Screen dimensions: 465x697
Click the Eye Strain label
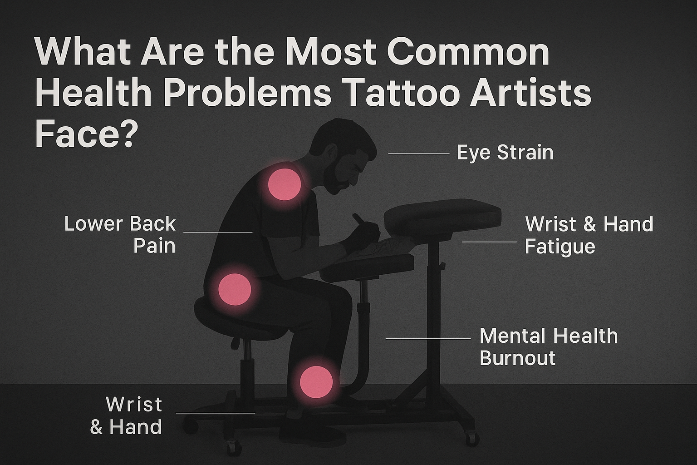point(505,153)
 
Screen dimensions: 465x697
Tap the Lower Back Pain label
point(120,234)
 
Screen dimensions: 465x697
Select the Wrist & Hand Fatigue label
point(589,235)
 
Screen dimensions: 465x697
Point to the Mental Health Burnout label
point(548,347)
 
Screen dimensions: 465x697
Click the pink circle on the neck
point(285,184)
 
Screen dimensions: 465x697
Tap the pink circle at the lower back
point(234,289)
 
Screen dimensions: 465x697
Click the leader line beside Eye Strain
point(418,154)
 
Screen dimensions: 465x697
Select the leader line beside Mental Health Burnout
point(428,339)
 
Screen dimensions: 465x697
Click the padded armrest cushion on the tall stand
point(442,216)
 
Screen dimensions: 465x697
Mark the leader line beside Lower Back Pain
point(218,232)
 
